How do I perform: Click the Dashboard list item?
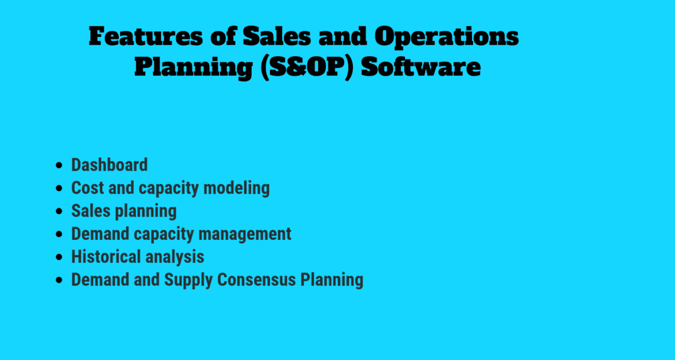pyautogui.click(x=109, y=165)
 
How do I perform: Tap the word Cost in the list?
pyautogui.click(x=87, y=188)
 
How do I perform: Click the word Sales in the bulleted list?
pyautogui.click(x=91, y=211)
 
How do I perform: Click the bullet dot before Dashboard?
pyautogui.click(x=59, y=166)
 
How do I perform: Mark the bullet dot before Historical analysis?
pyautogui.click(x=59, y=257)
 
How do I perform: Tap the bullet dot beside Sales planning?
pyautogui.click(x=59, y=211)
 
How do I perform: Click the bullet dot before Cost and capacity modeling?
pyautogui.click(x=59, y=188)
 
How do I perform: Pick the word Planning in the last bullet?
pyautogui.click(x=332, y=279)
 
